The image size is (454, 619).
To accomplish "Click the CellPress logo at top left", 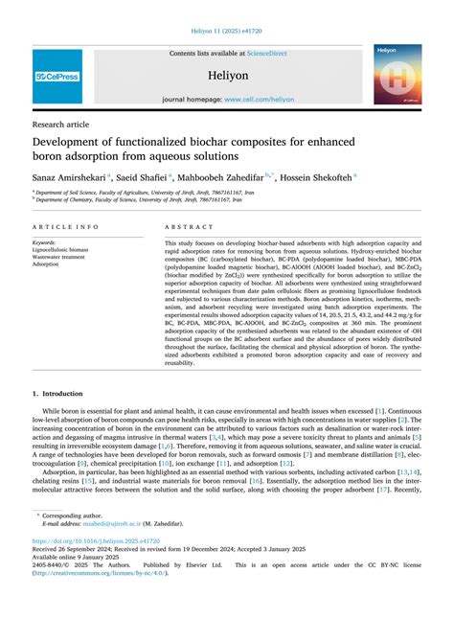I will [57, 76].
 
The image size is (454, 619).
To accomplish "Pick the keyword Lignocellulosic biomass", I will [60, 249].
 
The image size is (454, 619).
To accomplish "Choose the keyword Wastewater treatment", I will [58, 256].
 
